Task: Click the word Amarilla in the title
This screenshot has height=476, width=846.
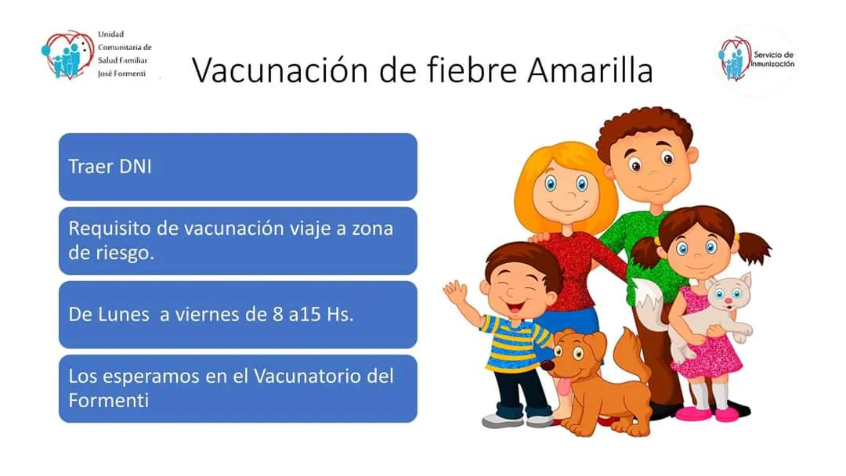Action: [x=591, y=70]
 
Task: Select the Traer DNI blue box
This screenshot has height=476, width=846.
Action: [x=238, y=167]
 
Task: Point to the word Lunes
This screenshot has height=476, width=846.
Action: [x=123, y=314]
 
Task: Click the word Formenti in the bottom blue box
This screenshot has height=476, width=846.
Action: [x=108, y=400]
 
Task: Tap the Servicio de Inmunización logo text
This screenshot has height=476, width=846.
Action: [x=773, y=59]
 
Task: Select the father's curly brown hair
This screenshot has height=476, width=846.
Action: [x=644, y=129]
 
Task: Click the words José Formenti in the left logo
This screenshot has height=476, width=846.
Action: [x=121, y=74]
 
